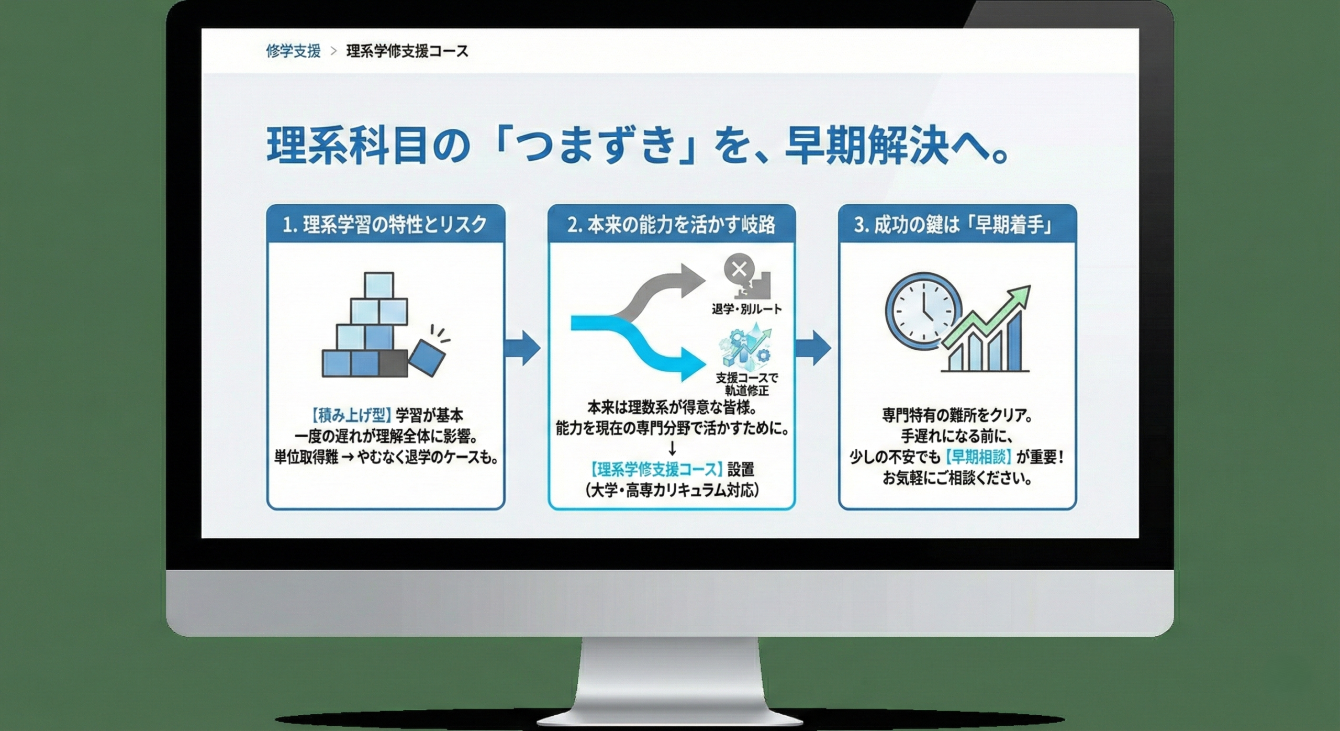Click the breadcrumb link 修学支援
(293, 51)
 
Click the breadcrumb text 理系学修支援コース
(407, 51)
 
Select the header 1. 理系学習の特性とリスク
(385, 225)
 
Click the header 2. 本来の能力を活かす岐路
(671, 225)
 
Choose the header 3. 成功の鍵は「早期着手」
(957, 225)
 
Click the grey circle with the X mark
(739, 270)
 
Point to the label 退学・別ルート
(746, 309)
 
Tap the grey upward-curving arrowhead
(691, 275)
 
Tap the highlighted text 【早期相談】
(978, 457)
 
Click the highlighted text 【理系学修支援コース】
(656, 469)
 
